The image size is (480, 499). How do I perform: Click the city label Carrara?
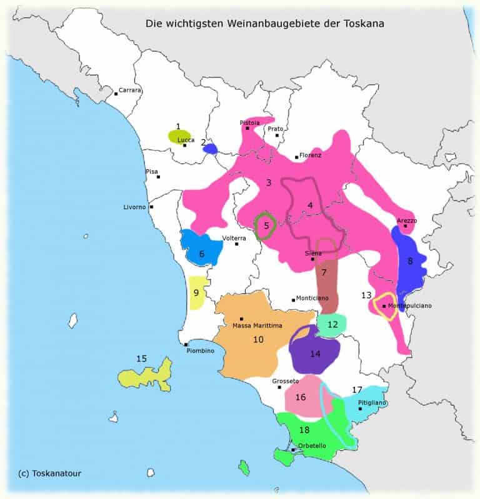pyautogui.click(x=130, y=90)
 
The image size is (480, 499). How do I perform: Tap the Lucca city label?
pyautogui.click(x=186, y=140)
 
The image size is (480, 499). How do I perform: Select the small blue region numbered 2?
pyautogui.click(x=210, y=149)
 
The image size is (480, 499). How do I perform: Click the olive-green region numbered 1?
pyautogui.click(x=179, y=136)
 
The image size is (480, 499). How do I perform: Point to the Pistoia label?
pyautogui.click(x=250, y=122)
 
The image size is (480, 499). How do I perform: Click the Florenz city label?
pyautogui.click(x=310, y=155)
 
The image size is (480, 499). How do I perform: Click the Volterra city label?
pyautogui.click(x=234, y=238)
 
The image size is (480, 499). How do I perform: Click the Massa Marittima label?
pyautogui.click(x=257, y=325)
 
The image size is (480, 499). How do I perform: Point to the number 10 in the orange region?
pyautogui.click(x=258, y=339)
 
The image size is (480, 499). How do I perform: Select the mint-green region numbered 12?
pyautogui.click(x=332, y=324)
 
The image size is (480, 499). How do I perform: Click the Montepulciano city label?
pyautogui.click(x=409, y=306)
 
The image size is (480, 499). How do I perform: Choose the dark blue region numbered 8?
pyautogui.click(x=409, y=261)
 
